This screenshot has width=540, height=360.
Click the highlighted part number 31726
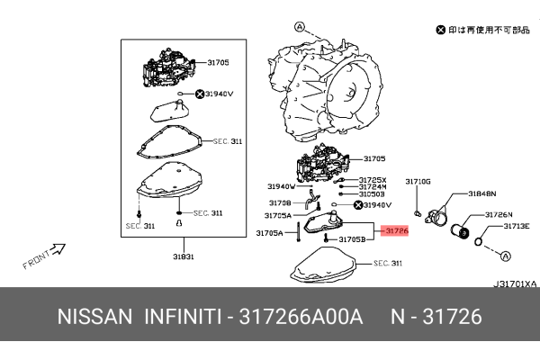pyautogui.click(x=396, y=231)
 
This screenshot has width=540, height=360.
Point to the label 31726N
pyautogui.click(x=499, y=214)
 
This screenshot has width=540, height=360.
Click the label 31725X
pyautogui.click(x=373, y=180)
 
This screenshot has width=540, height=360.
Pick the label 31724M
pyautogui.click(x=373, y=187)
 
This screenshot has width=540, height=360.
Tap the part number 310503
pyautogui.click(x=373, y=194)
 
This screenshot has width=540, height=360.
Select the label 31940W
pyautogui.click(x=282, y=186)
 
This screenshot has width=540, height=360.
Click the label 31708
pyautogui.click(x=280, y=203)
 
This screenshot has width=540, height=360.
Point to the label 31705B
pyautogui.click(x=351, y=240)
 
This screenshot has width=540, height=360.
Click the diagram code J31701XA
pyautogui.click(x=514, y=283)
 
